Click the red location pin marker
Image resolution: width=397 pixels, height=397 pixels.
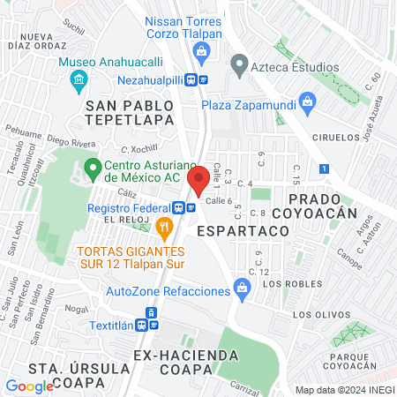(198, 175)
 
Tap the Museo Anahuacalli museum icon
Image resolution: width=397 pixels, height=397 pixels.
(78, 80)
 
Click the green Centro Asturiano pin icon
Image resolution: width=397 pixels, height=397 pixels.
(92, 166)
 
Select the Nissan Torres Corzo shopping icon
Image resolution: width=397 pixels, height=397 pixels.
(202, 53)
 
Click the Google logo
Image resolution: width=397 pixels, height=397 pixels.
(29, 386)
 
